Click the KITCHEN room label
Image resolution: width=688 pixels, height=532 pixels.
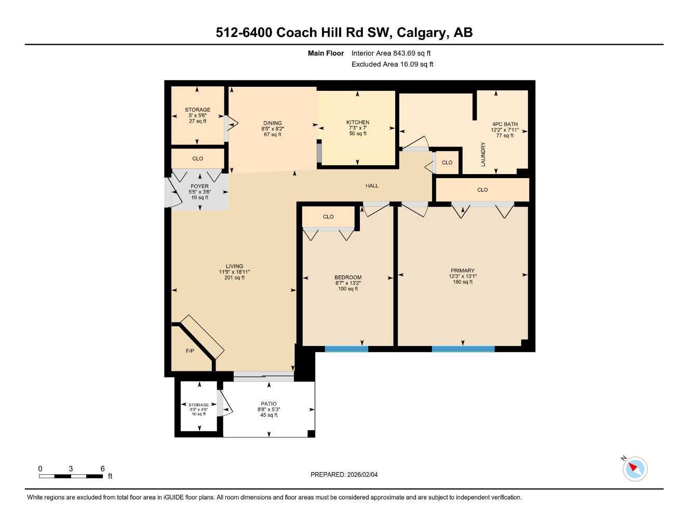[x=358, y=123]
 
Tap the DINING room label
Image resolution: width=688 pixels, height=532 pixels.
[x=273, y=124]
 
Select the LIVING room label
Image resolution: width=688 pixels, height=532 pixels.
[x=234, y=267]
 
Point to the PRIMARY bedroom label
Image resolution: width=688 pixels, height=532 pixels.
[x=462, y=271]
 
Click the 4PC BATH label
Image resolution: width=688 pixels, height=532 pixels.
[x=505, y=125]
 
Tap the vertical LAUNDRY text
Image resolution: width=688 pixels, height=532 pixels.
[x=483, y=154]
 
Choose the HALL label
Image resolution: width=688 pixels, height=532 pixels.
[x=372, y=185]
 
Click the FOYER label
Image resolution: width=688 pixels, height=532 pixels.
[x=199, y=187]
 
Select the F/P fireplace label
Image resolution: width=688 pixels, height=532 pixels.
[x=190, y=351]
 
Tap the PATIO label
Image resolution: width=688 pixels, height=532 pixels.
[x=268, y=404]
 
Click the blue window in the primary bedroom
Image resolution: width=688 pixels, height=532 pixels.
[x=463, y=349]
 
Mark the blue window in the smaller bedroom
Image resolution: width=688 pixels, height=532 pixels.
[x=346, y=349]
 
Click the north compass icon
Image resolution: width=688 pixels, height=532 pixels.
[x=635, y=469]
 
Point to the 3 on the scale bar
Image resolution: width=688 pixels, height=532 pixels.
[x=71, y=469]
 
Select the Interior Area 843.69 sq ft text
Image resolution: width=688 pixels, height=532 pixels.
[x=391, y=53]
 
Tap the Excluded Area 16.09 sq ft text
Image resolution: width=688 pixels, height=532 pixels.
[x=392, y=64]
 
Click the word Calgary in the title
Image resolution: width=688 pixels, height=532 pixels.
[x=422, y=33]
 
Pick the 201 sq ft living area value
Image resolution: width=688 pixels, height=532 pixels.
[x=234, y=277]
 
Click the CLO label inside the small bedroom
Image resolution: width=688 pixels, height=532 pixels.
[x=328, y=217]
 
